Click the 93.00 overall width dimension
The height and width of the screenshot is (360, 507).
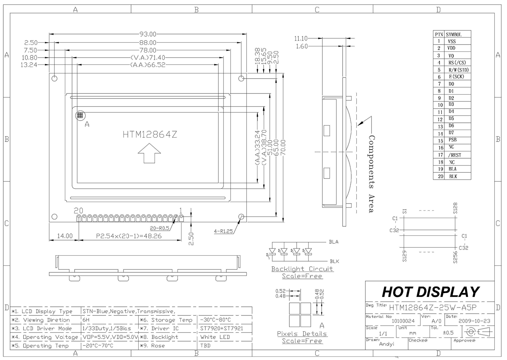(148, 34)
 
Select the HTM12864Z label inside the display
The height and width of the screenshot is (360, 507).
(150, 135)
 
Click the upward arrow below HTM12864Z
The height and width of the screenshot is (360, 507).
(149, 153)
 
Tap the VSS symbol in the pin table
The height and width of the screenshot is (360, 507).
(452, 41)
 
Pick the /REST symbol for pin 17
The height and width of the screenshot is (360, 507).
(454, 155)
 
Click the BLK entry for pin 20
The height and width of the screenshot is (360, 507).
(453, 176)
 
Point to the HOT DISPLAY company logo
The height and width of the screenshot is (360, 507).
(430, 292)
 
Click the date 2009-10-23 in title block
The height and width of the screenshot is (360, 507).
(474, 321)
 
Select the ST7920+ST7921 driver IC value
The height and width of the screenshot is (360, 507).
(222, 328)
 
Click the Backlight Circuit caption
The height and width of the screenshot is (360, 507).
(302, 269)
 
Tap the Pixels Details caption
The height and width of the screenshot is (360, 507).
(302, 334)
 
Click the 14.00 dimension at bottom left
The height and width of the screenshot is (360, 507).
(65, 236)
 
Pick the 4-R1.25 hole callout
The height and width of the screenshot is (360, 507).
(223, 231)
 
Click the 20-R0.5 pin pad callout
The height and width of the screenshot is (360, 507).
(159, 228)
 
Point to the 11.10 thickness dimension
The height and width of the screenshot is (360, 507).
(301, 38)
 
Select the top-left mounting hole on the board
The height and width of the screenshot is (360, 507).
(55, 78)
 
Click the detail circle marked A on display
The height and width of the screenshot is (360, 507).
(80, 116)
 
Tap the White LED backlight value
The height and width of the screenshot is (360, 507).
(215, 337)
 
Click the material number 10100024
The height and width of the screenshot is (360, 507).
(403, 321)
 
